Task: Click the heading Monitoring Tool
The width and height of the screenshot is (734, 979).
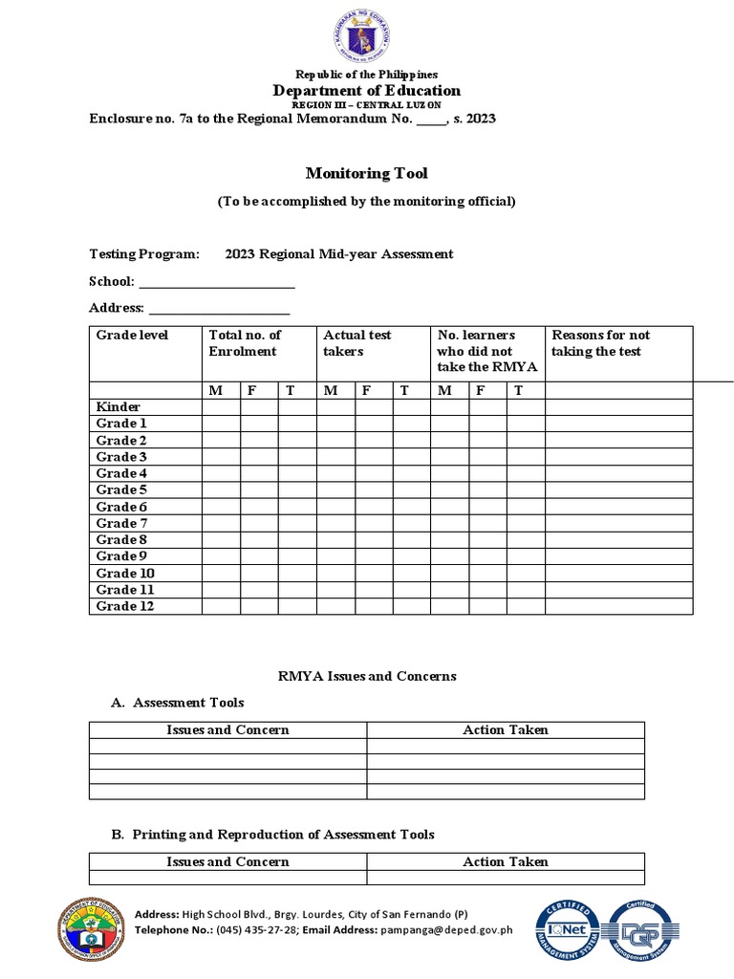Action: click(366, 173)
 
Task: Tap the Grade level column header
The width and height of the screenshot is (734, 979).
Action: click(132, 335)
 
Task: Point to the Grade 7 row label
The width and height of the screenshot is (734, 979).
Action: click(122, 523)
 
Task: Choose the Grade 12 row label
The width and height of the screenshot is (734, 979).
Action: click(125, 606)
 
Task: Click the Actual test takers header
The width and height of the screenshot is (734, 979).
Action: click(357, 343)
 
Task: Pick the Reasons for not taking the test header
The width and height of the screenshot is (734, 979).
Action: click(600, 343)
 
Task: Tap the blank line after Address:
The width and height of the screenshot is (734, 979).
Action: click(219, 309)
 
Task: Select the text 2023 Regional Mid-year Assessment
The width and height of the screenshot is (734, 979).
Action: click(339, 253)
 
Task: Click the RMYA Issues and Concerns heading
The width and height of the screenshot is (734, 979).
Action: click(367, 676)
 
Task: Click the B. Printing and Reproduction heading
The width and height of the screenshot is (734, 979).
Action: click(272, 835)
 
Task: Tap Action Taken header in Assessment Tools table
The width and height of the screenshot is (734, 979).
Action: click(506, 729)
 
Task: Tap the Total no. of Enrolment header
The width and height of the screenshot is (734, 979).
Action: click(246, 343)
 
